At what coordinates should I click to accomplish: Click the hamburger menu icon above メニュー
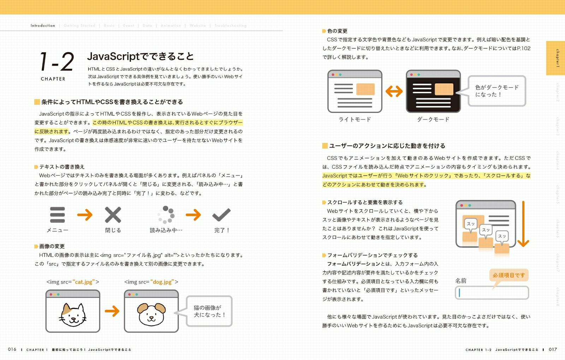pos(57,215)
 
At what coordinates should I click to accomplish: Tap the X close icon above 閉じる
pos(113,215)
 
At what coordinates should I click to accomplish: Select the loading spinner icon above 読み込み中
pos(166,215)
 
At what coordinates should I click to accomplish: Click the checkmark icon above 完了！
pos(221,214)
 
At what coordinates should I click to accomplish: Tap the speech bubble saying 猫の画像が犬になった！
pos(209,311)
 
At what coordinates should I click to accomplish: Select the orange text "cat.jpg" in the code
pos(84,282)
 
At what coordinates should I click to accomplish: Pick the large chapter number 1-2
pos(57,62)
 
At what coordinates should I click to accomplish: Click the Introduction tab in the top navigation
pos(43,25)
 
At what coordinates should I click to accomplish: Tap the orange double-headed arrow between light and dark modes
pos(394,91)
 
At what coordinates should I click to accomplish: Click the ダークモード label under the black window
pos(433,119)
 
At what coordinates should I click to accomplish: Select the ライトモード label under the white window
pos(355,119)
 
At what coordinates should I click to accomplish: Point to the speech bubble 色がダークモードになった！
pos(496,91)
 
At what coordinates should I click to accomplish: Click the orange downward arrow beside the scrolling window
pos(523,224)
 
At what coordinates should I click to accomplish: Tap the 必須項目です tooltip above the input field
pos(509,275)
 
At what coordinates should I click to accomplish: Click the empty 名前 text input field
pos(492,293)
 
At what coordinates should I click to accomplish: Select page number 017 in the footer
pos(553,349)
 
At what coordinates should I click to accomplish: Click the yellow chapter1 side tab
pos(555,58)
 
